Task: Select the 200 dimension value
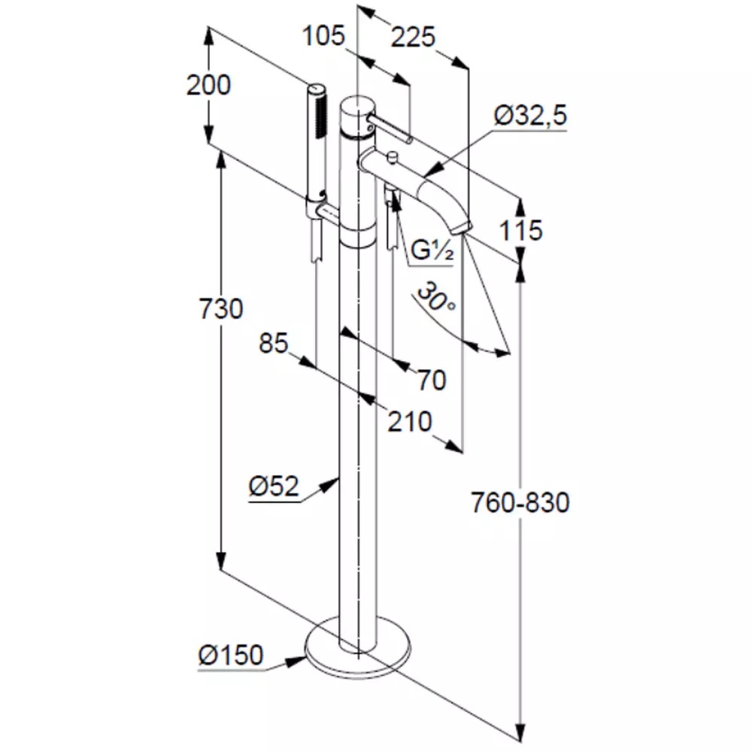coord(208,86)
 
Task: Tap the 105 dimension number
coord(323,35)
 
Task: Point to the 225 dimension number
coord(413,36)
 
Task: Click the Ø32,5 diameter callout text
coord(530,115)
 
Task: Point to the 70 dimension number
coord(431,381)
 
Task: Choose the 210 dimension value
coord(410,422)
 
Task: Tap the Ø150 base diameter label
coord(231,656)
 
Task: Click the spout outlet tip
coord(460,226)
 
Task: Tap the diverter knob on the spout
coord(391,156)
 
